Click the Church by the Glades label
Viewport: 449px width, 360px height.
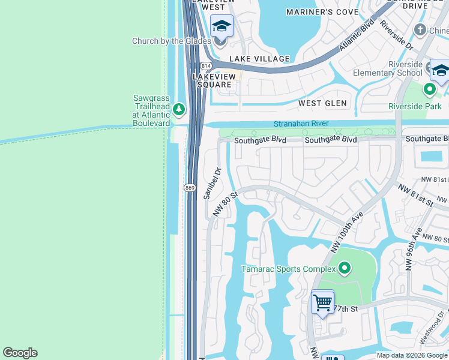(x=172, y=41)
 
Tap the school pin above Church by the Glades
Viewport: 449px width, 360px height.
(x=221, y=26)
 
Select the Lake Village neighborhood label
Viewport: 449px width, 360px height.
(x=259, y=59)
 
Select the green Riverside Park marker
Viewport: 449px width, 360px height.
(x=429, y=90)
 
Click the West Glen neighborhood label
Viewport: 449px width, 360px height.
(x=323, y=103)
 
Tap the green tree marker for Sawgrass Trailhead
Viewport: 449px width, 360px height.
(x=178, y=109)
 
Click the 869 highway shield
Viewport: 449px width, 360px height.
(x=190, y=188)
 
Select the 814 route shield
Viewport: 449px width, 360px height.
(x=205, y=65)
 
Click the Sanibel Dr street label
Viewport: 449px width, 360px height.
(x=212, y=183)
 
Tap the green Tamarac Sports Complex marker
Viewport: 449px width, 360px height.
(x=344, y=268)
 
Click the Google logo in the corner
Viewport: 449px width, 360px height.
(x=20, y=353)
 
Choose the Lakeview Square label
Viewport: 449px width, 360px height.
(x=212, y=80)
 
